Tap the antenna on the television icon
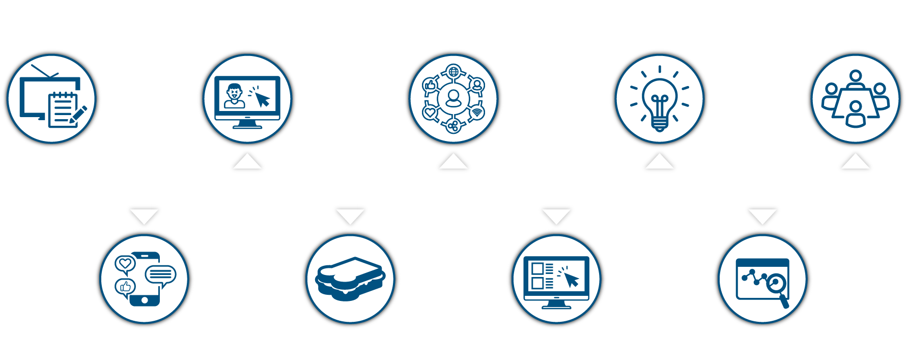point(45,71)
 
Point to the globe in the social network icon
point(453,71)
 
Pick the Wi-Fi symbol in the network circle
point(477,113)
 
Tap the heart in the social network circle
point(430,113)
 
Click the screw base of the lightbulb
point(660,123)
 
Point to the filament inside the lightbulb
point(660,102)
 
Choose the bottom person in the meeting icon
point(856,115)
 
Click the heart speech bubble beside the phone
point(125,264)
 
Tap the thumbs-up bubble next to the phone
point(125,287)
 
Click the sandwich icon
point(350,279)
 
